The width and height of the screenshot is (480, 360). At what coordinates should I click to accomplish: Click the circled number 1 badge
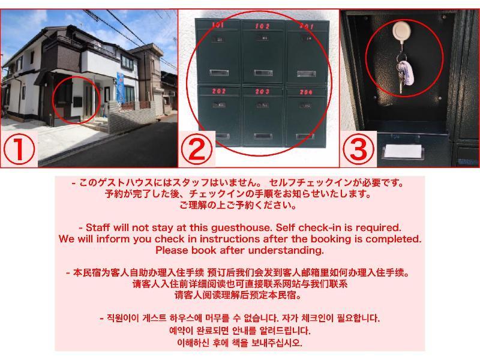[x=19, y=149]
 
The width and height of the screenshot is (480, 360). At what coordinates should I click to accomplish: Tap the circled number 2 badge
[x=196, y=149]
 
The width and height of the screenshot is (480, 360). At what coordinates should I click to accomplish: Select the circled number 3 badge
[x=358, y=149]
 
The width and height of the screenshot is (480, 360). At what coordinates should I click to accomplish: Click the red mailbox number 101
[x=218, y=25]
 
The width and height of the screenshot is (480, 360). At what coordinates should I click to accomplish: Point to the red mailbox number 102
[x=262, y=26]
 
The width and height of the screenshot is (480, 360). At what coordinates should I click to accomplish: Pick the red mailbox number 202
[x=218, y=91]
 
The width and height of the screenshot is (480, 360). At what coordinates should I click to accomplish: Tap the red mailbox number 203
[x=262, y=91]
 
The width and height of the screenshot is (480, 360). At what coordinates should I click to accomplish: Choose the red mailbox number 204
[x=306, y=92]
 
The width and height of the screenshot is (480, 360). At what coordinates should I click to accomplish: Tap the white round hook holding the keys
[x=401, y=31]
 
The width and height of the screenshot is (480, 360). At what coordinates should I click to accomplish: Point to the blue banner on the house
[x=121, y=87]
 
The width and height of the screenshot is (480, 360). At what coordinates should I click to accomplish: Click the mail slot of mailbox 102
[x=263, y=73]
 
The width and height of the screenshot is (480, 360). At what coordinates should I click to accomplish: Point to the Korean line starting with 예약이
[x=239, y=331]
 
